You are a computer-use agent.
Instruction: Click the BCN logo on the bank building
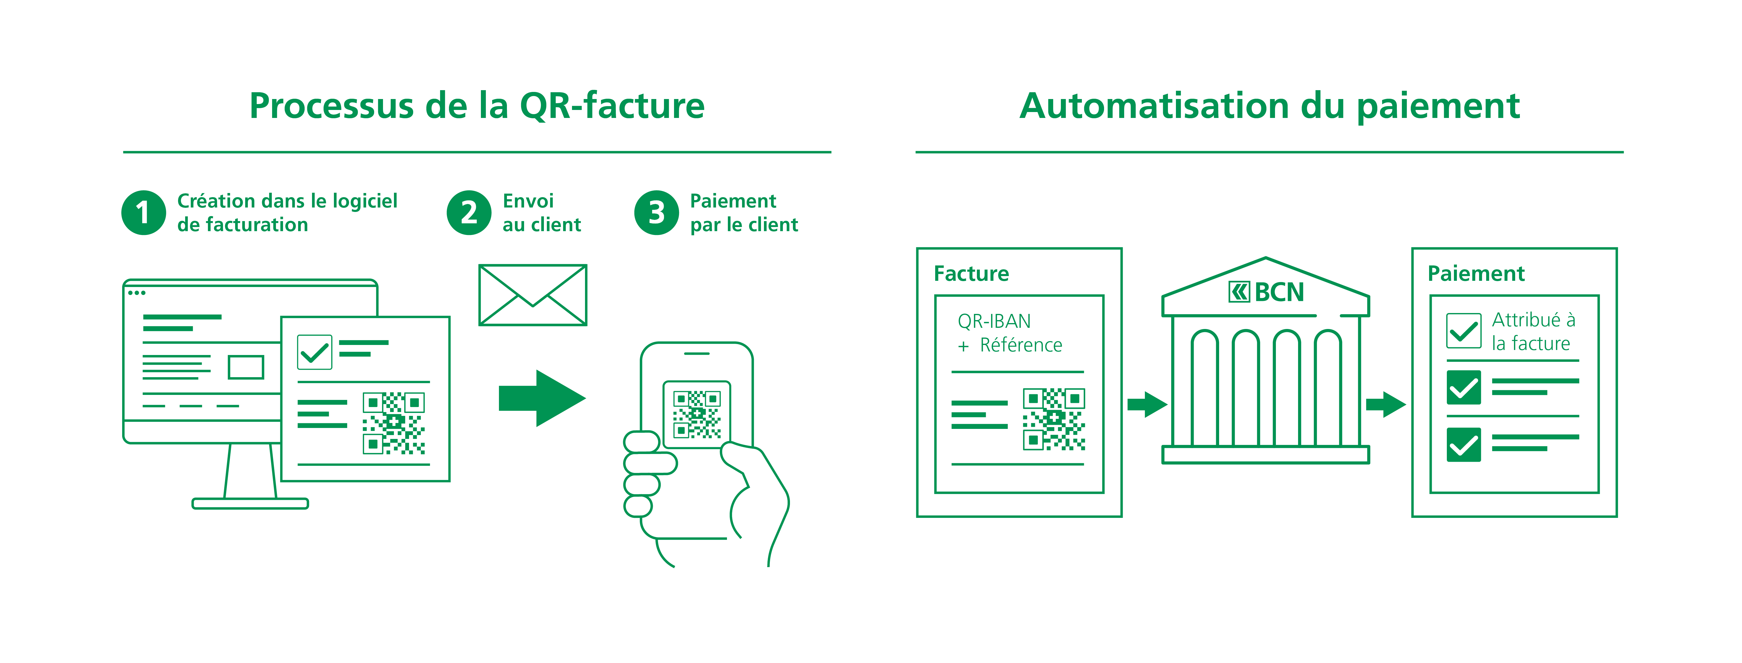[1266, 292]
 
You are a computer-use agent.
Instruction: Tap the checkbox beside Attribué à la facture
[1463, 330]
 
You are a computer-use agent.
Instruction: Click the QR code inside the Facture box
[1053, 419]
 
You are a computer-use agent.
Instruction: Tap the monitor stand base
[250, 503]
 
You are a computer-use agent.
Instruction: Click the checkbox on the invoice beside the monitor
[314, 352]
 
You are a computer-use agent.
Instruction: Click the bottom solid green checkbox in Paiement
[1463, 445]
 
